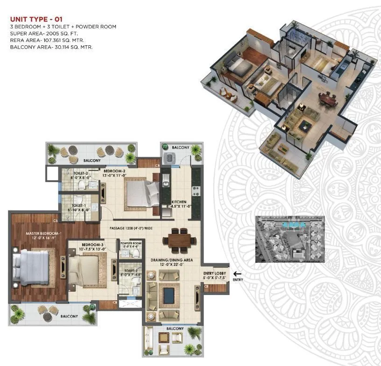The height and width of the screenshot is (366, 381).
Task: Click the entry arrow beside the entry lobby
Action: [237, 274]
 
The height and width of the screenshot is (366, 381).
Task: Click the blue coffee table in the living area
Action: [168, 295]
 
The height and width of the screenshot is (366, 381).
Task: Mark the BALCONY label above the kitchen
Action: [180, 148]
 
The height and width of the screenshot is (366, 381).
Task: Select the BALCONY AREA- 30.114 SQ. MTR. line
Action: [51, 47]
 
